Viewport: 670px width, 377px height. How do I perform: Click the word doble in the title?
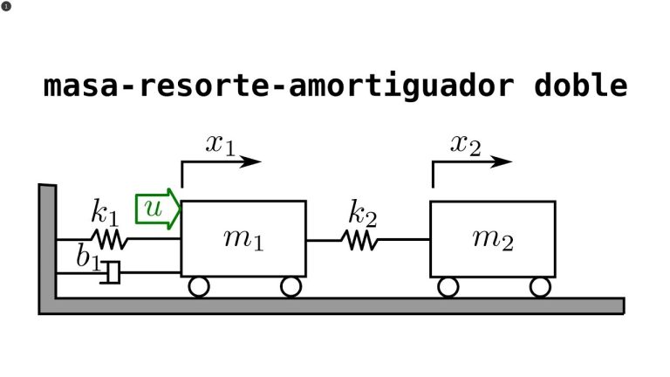point(581,85)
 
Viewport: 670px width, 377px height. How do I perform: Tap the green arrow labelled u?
point(158,209)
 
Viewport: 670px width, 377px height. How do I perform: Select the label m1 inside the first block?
point(243,239)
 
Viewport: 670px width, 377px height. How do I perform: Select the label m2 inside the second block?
point(493,239)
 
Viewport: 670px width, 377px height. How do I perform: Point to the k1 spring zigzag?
point(109,239)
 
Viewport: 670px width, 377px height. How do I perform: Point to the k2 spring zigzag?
point(359,240)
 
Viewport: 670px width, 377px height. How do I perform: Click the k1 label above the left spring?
point(105,212)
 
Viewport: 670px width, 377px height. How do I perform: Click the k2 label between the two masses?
point(362,213)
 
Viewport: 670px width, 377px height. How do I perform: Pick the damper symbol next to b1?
point(111,272)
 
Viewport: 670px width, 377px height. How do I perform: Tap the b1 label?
point(89,257)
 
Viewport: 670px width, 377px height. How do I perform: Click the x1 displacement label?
point(221,145)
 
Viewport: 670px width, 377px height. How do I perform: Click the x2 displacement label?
point(466,145)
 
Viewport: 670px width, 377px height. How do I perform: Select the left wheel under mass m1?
point(199,287)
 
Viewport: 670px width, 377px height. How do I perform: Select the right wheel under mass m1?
point(291,287)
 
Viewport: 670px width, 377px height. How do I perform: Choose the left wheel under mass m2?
point(448,287)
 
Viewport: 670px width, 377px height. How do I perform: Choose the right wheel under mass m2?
point(540,287)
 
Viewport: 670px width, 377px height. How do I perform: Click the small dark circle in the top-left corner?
point(6,6)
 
